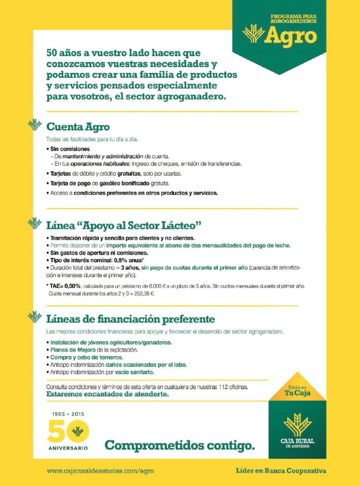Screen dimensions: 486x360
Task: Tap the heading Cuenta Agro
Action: click(x=78, y=127)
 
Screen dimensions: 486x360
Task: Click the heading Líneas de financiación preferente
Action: click(x=131, y=319)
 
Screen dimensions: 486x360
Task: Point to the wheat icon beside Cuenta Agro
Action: click(x=35, y=125)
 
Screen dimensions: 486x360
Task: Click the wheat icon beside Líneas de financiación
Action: click(x=35, y=317)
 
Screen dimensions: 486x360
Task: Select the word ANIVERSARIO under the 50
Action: click(x=68, y=448)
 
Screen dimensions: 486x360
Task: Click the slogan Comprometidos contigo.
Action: click(x=180, y=445)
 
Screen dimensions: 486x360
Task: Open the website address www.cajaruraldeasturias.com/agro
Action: click(x=100, y=471)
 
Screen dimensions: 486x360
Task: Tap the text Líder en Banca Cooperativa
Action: click(x=281, y=471)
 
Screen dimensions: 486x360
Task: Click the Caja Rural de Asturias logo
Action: click(x=297, y=432)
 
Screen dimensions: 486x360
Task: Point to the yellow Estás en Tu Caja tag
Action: click(x=297, y=391)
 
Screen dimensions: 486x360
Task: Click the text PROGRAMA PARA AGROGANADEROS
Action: click(x=293, y=19)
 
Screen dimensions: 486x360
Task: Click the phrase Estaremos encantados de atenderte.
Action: click(x=107, y=394)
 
